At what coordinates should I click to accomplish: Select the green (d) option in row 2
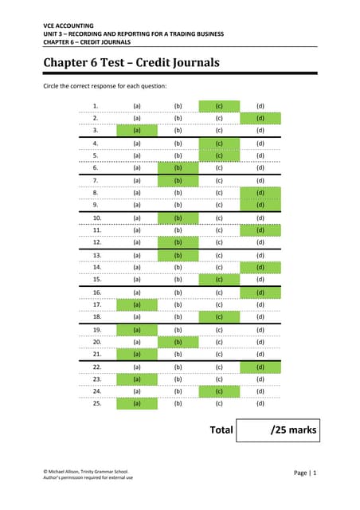260,118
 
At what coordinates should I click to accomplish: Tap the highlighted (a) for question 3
137,130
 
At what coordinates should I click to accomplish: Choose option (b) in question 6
178,168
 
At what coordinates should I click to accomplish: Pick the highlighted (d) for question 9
260,204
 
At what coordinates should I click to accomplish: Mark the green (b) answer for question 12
178,241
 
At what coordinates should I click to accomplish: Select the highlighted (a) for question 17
137,304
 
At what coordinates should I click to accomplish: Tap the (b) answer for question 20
178,341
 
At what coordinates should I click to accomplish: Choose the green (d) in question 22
260,366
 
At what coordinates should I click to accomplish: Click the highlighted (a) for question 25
137,403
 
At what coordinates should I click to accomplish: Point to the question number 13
96,254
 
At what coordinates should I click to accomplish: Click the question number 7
96,180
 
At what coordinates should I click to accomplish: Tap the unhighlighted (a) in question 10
137,217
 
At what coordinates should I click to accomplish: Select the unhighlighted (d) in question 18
260,316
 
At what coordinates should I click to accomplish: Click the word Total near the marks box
221,430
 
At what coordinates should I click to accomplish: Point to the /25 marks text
293,431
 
